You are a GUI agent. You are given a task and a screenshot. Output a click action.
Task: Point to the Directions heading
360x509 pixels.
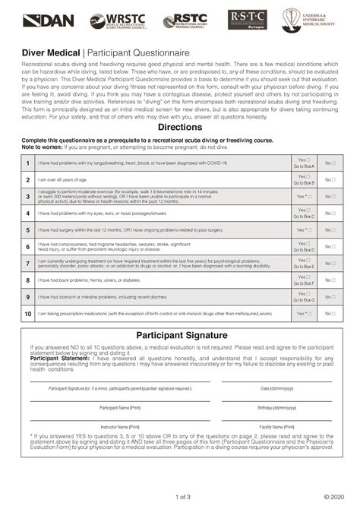179,127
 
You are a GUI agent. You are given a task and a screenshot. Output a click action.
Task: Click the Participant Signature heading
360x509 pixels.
179,335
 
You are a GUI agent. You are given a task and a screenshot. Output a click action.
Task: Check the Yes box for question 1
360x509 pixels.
308,160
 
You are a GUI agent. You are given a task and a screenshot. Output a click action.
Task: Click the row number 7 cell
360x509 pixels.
28,263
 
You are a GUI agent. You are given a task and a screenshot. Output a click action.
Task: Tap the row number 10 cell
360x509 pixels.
28,313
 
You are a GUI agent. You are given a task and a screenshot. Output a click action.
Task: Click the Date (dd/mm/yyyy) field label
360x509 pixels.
276,388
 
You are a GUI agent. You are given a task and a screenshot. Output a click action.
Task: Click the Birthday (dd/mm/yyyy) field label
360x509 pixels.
276,407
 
